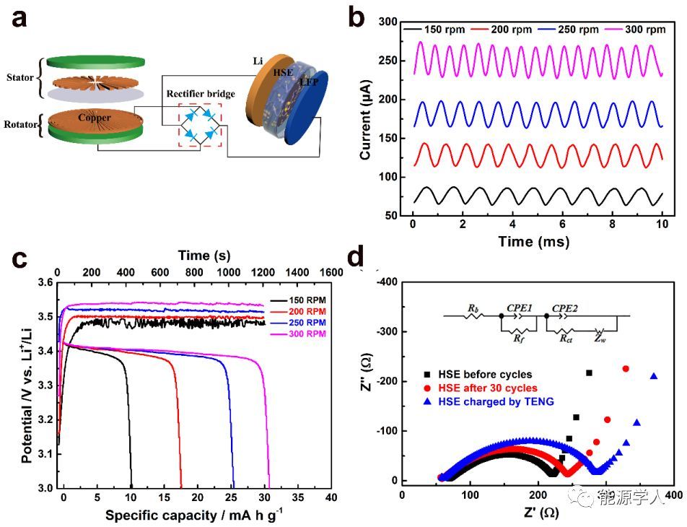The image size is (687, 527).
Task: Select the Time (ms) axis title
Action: [533, 240]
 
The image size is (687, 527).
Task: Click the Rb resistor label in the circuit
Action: [473, 308]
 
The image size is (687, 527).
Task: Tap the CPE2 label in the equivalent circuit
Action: [565, 308]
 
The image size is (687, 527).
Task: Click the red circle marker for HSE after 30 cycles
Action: [429, 388]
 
